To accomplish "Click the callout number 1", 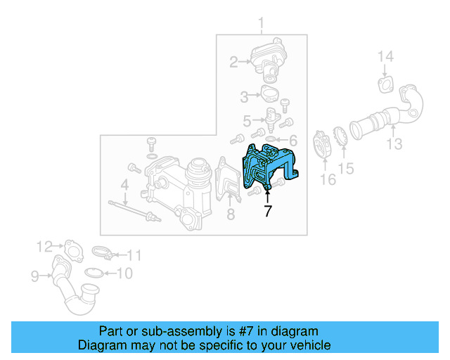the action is click(261, 27).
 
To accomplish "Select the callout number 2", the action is click(233, 63).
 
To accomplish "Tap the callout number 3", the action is click(245, 96).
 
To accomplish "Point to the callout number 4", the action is click(124, 186).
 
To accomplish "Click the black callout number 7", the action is click(267, 210).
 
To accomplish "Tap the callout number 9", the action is click(34, 276).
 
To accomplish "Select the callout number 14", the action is click(386, 57).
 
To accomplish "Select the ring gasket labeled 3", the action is click(270, 94).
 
